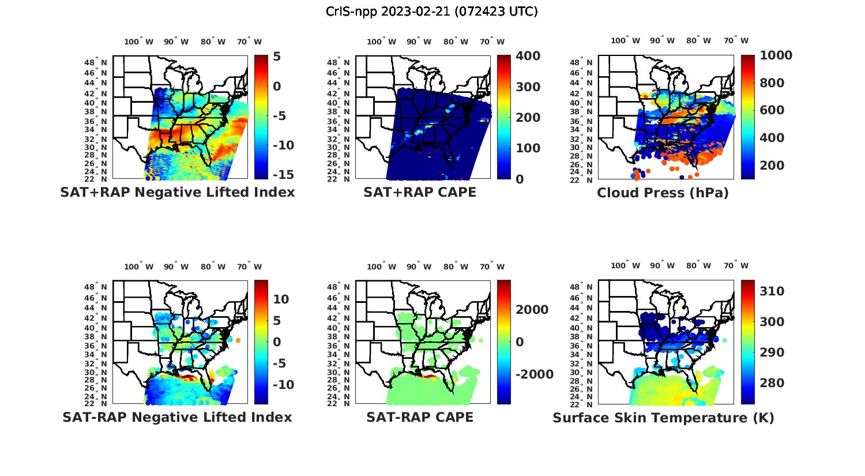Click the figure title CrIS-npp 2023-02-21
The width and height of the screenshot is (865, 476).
431,12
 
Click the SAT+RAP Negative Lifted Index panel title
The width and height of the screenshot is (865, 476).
177,192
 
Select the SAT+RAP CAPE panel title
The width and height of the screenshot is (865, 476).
420,192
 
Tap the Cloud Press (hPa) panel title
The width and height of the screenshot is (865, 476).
663,193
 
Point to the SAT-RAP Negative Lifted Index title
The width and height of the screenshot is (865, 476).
177,417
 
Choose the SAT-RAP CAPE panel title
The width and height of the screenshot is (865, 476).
420,417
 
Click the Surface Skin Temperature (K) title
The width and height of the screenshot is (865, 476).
663,418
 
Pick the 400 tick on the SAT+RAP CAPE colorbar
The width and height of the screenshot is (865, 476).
528,56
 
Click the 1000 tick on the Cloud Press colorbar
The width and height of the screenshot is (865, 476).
776,55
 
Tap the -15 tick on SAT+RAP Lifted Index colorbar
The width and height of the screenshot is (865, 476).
283,175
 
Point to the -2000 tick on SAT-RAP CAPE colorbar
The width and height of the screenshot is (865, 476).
534,374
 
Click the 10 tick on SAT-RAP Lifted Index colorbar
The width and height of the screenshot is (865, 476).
281,299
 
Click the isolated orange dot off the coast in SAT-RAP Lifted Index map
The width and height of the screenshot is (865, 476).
238,340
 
